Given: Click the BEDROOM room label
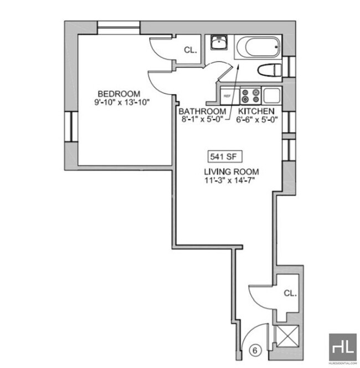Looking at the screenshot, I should click(119, 94).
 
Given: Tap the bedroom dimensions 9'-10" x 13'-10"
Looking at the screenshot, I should click(122, 102).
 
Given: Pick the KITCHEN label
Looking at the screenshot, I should click(257, 111).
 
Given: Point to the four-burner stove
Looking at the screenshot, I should click(251, 96).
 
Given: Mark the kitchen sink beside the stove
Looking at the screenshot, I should click(273, 95).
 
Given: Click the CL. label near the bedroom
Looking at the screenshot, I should click(190, 50).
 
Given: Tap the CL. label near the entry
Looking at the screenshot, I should click(290, 293).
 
